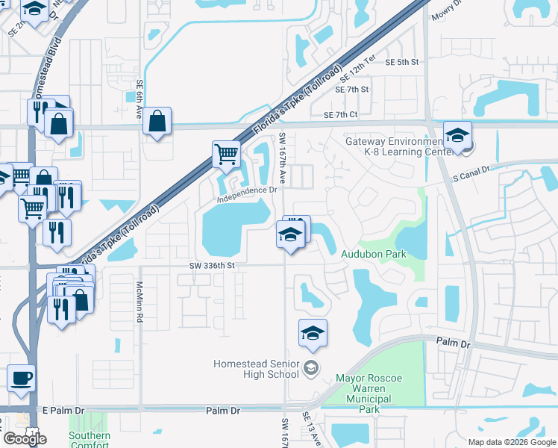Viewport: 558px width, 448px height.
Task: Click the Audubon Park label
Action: (373, 254)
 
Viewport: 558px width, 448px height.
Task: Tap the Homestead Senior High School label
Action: (256, 368)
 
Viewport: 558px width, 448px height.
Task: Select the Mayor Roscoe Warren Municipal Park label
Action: (369, 394)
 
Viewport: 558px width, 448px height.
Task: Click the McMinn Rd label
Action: (139, 302)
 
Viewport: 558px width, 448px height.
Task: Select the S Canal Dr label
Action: (470, 174)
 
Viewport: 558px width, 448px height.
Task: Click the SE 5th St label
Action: (402, 63)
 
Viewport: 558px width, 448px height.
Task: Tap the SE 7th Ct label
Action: (341, 114)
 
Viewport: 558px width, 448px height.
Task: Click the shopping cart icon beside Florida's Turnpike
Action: (226, 155)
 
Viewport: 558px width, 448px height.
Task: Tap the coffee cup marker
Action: (22, 377)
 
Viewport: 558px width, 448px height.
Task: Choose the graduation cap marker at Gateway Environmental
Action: (457, 135)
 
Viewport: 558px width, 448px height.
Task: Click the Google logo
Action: (25, 439)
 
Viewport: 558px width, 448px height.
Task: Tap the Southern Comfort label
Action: (90, 440)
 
